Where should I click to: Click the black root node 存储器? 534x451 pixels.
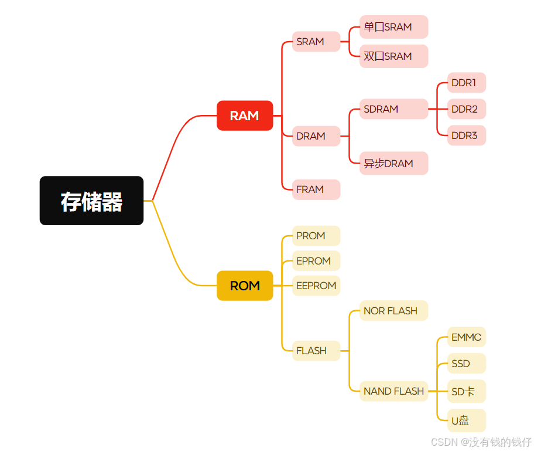coord(91,201)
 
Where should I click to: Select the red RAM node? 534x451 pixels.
coord(245,116)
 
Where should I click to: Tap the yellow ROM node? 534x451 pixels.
coord(245,286)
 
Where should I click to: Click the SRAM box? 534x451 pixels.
coord(316,42)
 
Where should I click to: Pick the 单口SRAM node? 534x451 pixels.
coord(393,27)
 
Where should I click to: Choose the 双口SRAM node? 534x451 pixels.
coord(393,56)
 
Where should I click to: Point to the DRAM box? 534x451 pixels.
coord(316,136)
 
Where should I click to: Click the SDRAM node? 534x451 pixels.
coord(393,109)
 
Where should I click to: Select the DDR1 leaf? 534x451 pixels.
coord(467,83)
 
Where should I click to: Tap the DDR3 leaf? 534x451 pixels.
coord(467,135)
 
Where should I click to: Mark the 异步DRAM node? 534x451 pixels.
coord(393,163)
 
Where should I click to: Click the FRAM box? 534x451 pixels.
coord(316,189)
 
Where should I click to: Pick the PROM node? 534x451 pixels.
coord(316,236)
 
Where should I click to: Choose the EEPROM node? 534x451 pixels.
coord(316,286)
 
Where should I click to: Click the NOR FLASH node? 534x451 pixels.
coord(393,311)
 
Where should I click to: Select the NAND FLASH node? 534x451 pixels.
coord(393,391)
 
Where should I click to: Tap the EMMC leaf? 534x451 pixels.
coord(467,337)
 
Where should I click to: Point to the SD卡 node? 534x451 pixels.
coord(467,391)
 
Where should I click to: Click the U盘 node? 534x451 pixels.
coord(467,421)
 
